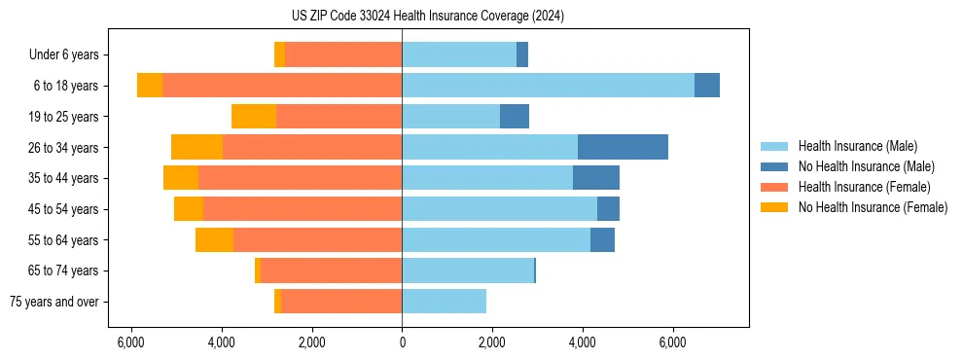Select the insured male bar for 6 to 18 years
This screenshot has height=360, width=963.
point(548,86)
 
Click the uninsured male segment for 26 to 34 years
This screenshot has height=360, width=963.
point(623,147)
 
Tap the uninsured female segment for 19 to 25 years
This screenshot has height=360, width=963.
point(254,117)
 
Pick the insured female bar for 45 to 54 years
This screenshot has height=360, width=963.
point(303,209)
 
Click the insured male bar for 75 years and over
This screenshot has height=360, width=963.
point(444,302)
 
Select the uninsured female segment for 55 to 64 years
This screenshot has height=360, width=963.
point(214,240)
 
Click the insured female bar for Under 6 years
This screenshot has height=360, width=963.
point(343,54)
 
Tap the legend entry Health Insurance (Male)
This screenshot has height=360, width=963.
point(857,146)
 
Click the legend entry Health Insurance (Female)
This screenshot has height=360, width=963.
point(864,187)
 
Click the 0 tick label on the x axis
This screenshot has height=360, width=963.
point(402,342)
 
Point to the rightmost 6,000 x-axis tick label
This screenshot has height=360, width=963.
point(673,342)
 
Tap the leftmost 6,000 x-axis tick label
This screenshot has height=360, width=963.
point(130,342)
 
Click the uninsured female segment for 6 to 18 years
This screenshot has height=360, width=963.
point(150,86)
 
